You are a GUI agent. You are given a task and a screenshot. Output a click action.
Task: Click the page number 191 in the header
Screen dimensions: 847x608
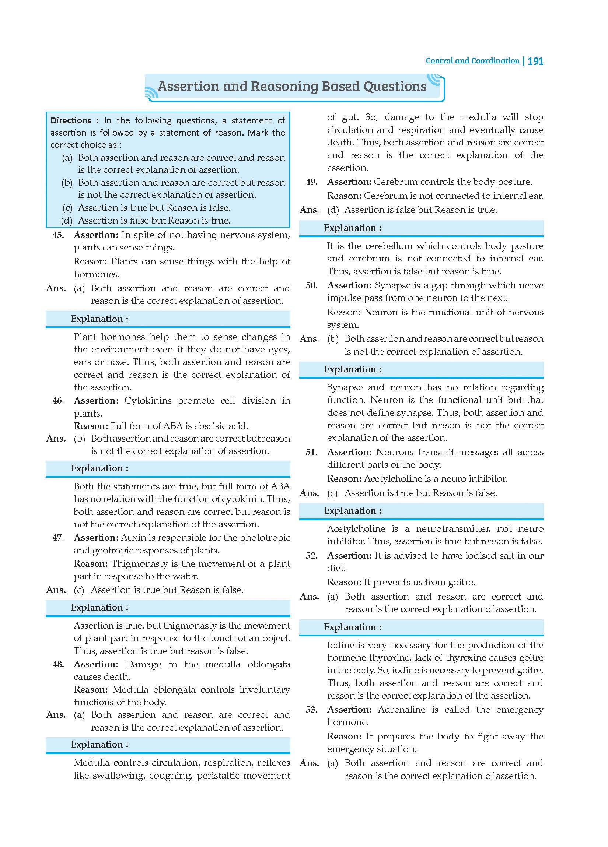[x=535, y=61]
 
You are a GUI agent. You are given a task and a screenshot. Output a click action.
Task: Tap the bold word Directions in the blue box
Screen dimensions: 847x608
[x=71, y=121]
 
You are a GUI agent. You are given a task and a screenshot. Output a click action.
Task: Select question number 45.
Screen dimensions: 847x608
[x=58, y=235]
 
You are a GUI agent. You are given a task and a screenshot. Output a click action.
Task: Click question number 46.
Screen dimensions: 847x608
[x=58, y=401]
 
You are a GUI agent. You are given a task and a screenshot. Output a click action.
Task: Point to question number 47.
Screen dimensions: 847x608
[x=58, y=538]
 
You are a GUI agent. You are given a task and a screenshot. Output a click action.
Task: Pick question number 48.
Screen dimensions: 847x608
[x=58, y=664]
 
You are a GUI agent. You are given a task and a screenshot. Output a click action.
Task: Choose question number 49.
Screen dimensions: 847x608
[x=312, y=182]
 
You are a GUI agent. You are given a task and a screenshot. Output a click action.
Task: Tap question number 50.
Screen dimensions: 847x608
[x=312, y=286]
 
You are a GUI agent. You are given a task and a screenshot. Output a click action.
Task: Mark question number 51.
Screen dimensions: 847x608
[x=312, y=452]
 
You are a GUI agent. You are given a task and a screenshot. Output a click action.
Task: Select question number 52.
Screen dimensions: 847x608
[x=312, y=556]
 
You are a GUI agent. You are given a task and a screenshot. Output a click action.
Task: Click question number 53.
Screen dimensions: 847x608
[x=312, y=710]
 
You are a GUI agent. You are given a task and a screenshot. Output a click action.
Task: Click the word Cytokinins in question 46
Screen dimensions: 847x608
[x=148, y=401]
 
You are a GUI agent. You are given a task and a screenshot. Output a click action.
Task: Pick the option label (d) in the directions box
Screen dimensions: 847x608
[x=67, y=221]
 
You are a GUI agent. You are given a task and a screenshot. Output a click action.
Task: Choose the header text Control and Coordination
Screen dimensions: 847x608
[x=472, y=61]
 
